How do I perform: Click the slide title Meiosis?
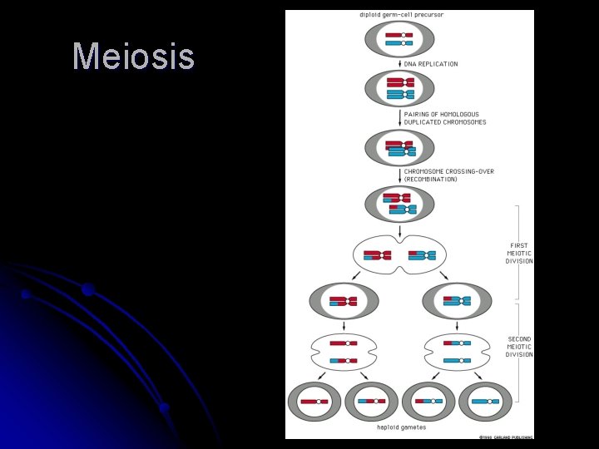pos(133,57)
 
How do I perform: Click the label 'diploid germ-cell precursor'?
pos(399,14)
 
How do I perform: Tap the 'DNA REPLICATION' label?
pos(431,64)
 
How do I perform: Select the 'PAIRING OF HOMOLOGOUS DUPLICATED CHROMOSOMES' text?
pos(445,118)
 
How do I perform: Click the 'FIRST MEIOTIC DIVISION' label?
pos(519,254)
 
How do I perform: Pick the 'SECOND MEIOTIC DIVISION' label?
pos(519,347)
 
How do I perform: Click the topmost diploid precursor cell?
pos(399,38)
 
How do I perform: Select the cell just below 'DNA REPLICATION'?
pos(399,87)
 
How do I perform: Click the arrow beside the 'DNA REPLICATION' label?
pos(399,64)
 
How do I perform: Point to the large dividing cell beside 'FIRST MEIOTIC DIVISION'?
pos(399,254)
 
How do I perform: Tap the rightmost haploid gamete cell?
pos(485,401)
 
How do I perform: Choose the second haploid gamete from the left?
pos(371,401)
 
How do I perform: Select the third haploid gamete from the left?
pos(428,401)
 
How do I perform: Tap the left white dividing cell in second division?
pos(344,352)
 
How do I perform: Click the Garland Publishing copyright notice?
pos(505,436)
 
